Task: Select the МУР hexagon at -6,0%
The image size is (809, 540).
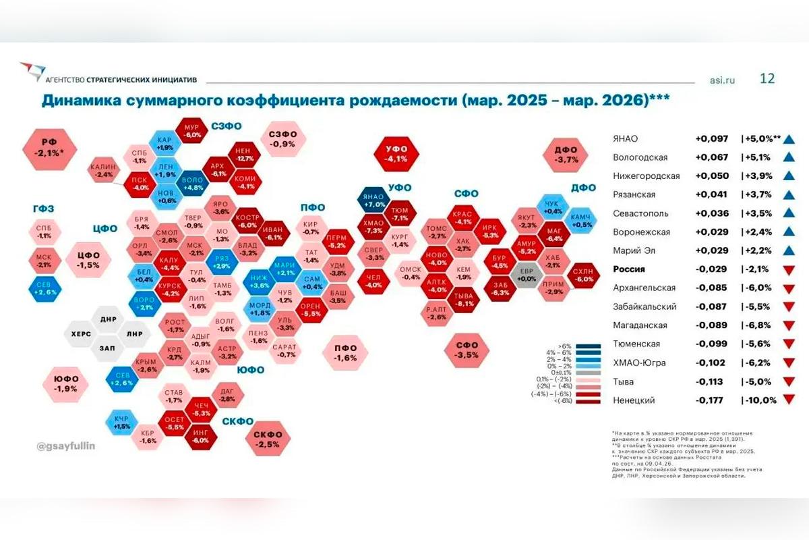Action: pyautogui.click(x=193, y=131)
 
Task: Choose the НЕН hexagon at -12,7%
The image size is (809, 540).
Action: pyautogui.click(x=244, y=155)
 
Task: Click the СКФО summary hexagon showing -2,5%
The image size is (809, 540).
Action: pyautogui.click(x=268, y=439)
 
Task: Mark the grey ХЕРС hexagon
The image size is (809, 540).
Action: pyautogui.click(x=82, y=333)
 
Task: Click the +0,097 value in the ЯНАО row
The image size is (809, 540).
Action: pyautogui.click(x=711, y=138)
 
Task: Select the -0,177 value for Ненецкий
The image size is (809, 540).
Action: pyautogui.click(x=711, y=400)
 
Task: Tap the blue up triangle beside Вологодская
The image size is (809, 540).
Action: pyautogui.click(x=789, y=157)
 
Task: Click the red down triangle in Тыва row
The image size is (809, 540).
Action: pyautogui.click(x=789, y=381)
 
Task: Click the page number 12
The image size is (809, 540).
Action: pyautogui.click(x=767, y=78)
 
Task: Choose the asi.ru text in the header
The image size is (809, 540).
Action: pyautogui.click(x=722, y=80)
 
